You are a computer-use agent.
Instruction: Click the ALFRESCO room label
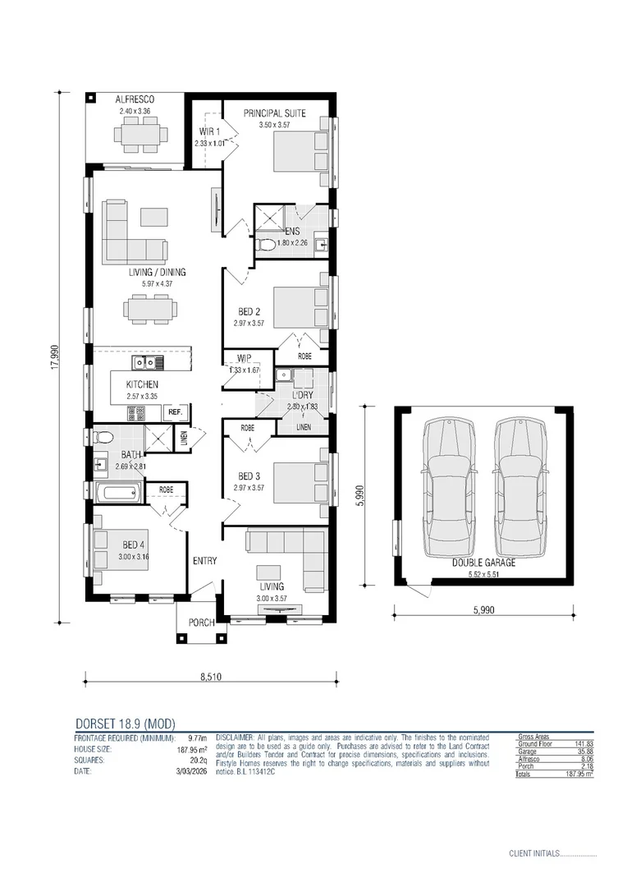pos(135,100)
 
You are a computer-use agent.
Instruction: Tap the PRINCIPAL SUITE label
pos(274,113)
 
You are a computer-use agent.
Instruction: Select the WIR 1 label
pos(209,131)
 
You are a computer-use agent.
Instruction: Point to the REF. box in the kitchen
pos(175,412)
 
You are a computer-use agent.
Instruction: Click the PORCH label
pos(201,623)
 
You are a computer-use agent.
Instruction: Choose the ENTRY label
pos(204,561)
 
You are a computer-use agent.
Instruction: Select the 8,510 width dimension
pos(210,678)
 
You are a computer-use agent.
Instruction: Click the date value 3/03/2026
pos(190,771)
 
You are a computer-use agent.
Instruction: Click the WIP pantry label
pos(243,358)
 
